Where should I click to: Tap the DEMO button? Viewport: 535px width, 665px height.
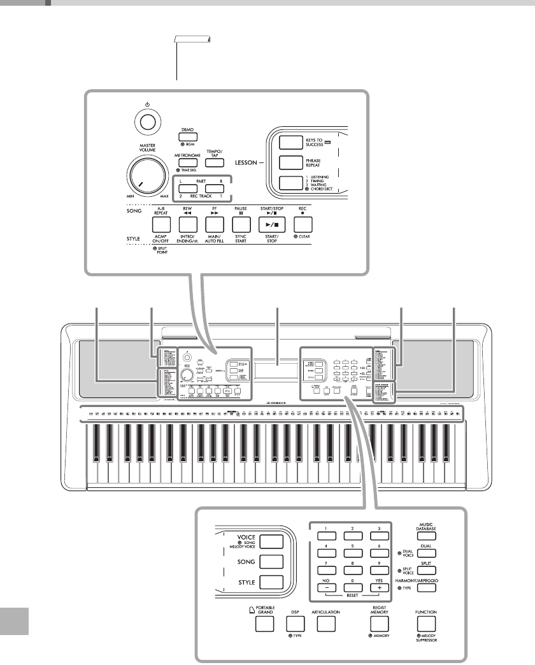click(x=187, y=137)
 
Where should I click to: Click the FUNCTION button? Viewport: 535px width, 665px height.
click(x=427, y=622)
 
